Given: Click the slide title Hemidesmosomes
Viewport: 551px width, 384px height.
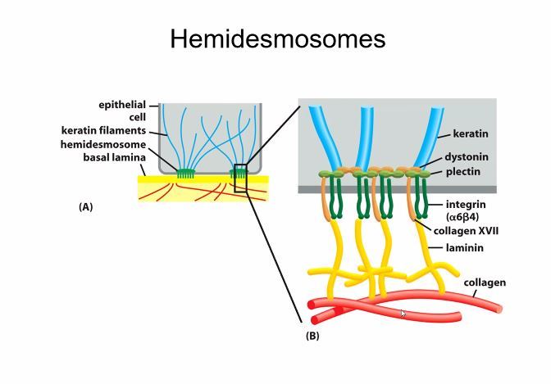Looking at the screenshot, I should pyautogui.click(x=277, y=38).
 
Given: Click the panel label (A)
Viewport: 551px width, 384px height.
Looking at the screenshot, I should pyautogui.click(x=85, y=207).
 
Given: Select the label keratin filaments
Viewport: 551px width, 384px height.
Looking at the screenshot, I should pyautogui.click(x=103, y=130).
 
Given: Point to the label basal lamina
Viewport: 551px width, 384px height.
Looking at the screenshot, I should pyautogui.click(x=113, y=156).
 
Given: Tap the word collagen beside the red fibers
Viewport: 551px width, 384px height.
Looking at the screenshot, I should pyautogui.click(x=485, y=282).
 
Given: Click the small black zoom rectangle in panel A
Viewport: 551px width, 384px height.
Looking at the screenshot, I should pyautogui.click(x=239, y=178).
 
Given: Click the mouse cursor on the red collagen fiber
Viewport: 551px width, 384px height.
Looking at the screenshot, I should pyautogui.click(x=403, y=314).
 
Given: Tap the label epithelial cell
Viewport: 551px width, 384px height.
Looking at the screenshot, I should pyautogui.click(x=122, y=111).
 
